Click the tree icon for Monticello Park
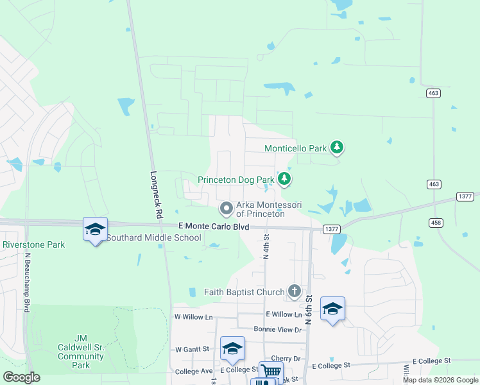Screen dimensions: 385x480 click(337, 148)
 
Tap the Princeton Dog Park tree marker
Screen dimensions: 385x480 click(284, 179)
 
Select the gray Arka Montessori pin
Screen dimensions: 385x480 click(226, 208)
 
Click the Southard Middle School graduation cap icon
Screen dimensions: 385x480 click(95, 229)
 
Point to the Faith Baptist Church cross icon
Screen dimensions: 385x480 click(294, 291)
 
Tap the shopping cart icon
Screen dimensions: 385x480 click(271, 371)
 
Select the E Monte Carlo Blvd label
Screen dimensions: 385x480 click(214, 227)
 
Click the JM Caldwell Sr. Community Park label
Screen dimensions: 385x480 click(81, 351)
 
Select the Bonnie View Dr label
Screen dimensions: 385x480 click(277, 329)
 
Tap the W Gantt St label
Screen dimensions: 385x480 click(193, 349)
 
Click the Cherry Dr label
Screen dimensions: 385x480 click(286, 358)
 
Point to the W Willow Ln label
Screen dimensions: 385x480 click(193, 317)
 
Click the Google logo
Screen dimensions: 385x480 click(22, 377)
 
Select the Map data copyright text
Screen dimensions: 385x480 click(440, 380)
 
